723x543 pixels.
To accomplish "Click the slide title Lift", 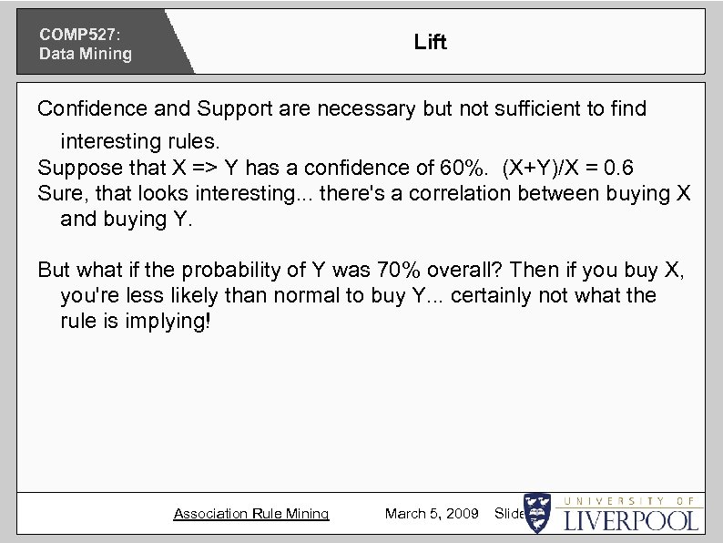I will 430,42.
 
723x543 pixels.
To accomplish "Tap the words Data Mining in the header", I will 85,54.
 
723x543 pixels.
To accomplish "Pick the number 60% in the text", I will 463,169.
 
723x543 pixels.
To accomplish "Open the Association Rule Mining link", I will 250,514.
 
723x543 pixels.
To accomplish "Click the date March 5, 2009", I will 432,514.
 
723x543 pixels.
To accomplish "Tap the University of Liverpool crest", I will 538,514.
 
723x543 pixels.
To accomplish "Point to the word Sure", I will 58,194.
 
